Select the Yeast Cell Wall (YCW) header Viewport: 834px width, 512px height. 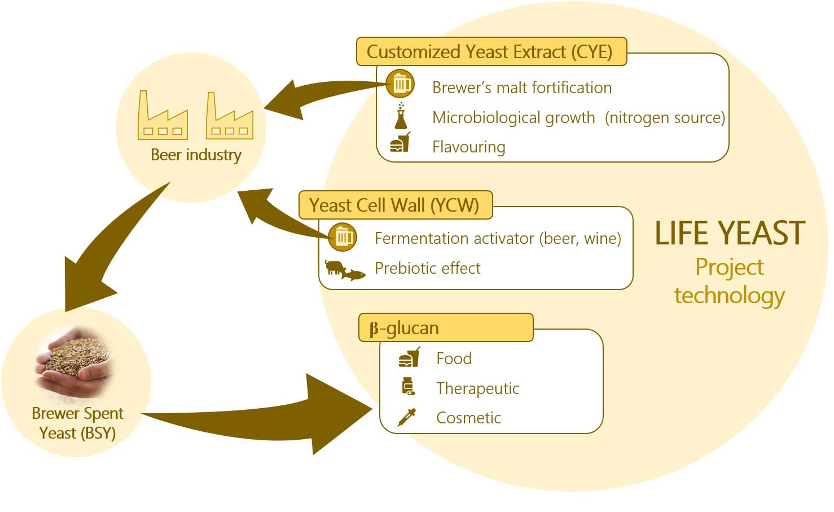394,205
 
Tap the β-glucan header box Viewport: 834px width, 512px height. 445,328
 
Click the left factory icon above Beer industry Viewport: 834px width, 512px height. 163,116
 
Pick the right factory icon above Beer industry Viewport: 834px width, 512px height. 230,116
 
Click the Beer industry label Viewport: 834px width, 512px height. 196,155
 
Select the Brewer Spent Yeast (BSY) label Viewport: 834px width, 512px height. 77,423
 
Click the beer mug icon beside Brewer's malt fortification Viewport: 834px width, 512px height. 400,85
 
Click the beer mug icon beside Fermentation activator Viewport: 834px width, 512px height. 343,237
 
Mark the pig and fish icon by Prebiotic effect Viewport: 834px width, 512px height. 344,270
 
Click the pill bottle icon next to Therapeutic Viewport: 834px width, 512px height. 408,387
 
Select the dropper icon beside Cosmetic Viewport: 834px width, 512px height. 407,417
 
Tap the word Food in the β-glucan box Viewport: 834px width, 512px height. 454,358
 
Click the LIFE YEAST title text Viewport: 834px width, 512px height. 730,234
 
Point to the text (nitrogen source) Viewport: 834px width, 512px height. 665,117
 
